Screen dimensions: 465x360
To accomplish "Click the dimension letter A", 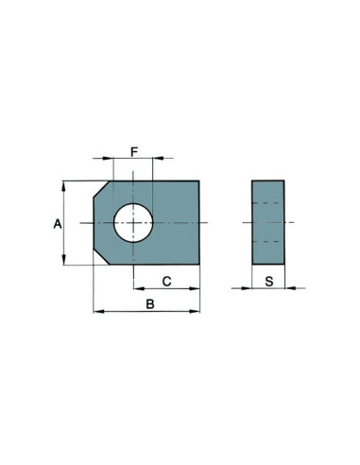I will pyautogui.click(x=57, y=224).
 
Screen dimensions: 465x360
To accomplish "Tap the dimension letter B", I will pyautogui.click(x=148, y=303).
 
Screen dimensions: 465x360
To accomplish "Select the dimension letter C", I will pyautogui.click(x=165, y=281).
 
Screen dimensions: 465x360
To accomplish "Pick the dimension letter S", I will pyautogui.click(x=269, y=281).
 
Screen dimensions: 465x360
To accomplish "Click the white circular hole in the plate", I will pyautogui.click(x=133, y=222).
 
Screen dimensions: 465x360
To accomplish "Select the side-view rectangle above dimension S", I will pyautogui.click(x=269, y=223).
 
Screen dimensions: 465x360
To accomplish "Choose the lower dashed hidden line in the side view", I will pyautogui.click(x=269, y=241).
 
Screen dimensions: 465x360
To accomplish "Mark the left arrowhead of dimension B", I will pyautogui.click(x=97, y=311).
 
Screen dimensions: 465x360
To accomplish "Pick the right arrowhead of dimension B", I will pyautogui.click(x=197, y=311).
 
